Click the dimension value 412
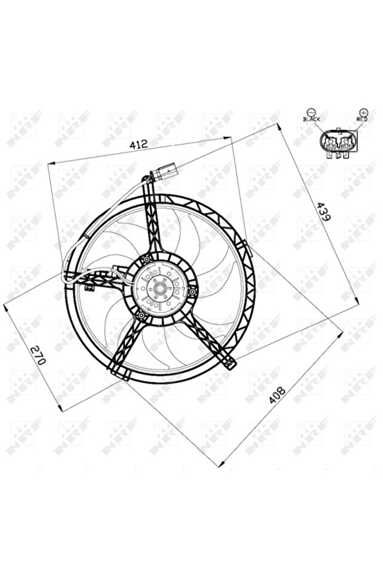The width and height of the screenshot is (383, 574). (138, 144)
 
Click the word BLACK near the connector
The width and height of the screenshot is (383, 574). (311, 119)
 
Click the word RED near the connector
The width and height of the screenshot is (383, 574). (361, 119)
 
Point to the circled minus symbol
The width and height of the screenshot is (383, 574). (310, 112)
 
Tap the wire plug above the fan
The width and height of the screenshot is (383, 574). (165, 171)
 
